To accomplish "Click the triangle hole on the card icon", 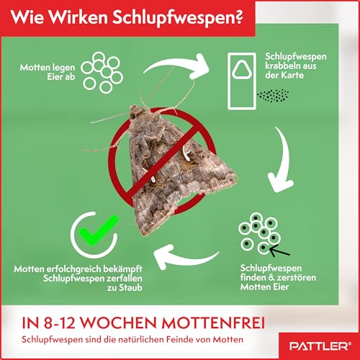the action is pos(242,70).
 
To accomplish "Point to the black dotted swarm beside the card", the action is pos(273,95).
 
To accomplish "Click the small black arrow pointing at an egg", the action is pos(279,251).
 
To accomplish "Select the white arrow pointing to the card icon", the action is pos(178,65).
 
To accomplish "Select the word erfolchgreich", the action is pos(74,269).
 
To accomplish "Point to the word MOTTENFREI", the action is pos(213,323).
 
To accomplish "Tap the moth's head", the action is pos(136,112).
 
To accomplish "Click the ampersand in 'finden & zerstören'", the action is pos(271,278).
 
